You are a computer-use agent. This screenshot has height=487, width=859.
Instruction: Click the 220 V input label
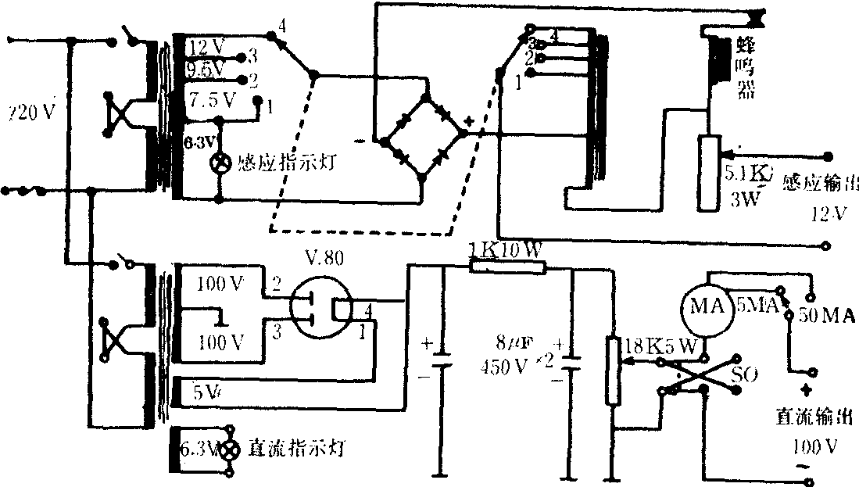29,113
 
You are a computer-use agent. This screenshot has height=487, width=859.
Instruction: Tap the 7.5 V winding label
212,100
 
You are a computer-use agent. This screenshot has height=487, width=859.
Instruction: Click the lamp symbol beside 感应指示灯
220,163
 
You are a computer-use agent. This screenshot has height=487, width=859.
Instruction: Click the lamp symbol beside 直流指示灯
228,451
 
